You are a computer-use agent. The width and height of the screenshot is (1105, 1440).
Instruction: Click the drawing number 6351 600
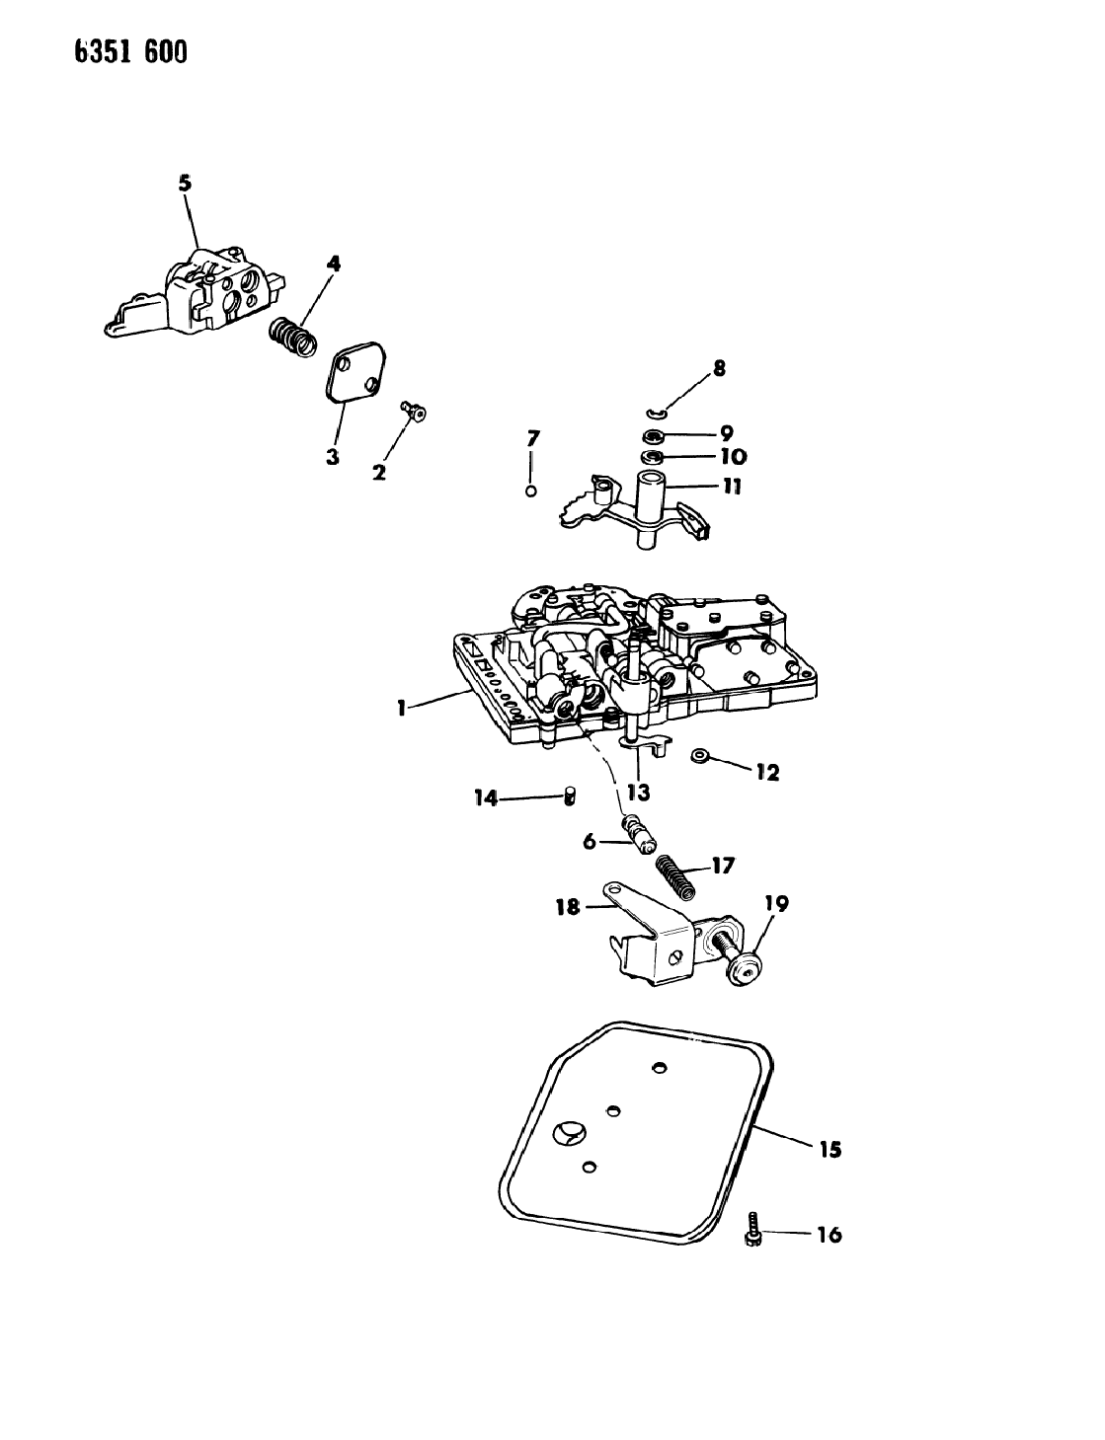(x=130, y=51)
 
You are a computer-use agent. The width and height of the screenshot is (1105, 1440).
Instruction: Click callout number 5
(x=185, y=183)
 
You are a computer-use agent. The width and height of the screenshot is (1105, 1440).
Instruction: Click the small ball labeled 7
(x=531, y=492)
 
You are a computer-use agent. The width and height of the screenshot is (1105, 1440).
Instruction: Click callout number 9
(x=725, y=433)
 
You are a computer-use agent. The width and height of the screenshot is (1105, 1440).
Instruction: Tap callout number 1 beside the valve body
(x=401, y=709)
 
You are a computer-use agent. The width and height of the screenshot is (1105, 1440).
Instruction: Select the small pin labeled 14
(x=570, y=795)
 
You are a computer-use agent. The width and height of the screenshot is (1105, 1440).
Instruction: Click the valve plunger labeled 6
(x=638, y=838)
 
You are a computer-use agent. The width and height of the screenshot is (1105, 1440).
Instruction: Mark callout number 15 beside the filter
(x=829, y=1149)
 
